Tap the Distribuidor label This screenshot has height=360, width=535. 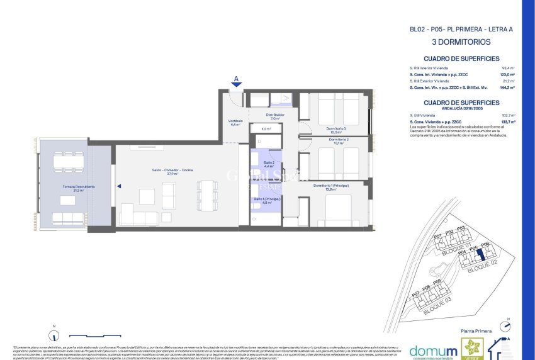pyautogui.click(x=274, y=115)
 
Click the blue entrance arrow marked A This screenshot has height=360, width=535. pyautogui.click(x=236, y=82)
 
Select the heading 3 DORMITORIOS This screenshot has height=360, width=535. pyautogui.click(x=461, y=43)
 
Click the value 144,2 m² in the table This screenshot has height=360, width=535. pyautogui.click(x=507, y=87)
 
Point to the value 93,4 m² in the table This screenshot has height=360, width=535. pyautogui.click(x=509, y=68)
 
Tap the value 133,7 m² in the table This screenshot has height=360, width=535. pyautogui.click(x=508, y=121)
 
